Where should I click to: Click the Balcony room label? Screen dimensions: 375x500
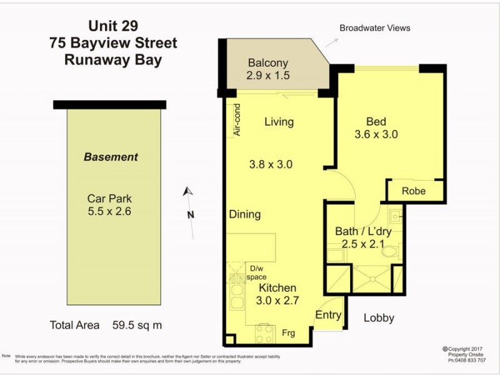coord(267,63)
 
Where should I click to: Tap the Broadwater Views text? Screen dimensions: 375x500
coord(374,28)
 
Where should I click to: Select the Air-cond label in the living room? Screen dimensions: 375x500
coord(237,120)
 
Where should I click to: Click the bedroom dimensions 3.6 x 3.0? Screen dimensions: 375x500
coord(376,134)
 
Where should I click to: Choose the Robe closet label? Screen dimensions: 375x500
coord(414,191)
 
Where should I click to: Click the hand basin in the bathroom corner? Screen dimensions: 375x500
coord(396,217)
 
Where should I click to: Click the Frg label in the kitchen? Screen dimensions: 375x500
coord(289,332)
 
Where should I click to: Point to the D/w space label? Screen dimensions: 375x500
coord(256,272)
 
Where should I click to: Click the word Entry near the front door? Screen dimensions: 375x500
coord(328,316)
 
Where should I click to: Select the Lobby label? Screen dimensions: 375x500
coord(379,318)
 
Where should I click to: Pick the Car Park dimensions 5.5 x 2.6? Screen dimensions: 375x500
coord(109,211)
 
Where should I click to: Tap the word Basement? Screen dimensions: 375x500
coord(111,157)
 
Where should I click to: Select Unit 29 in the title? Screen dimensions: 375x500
coord(113,26)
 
